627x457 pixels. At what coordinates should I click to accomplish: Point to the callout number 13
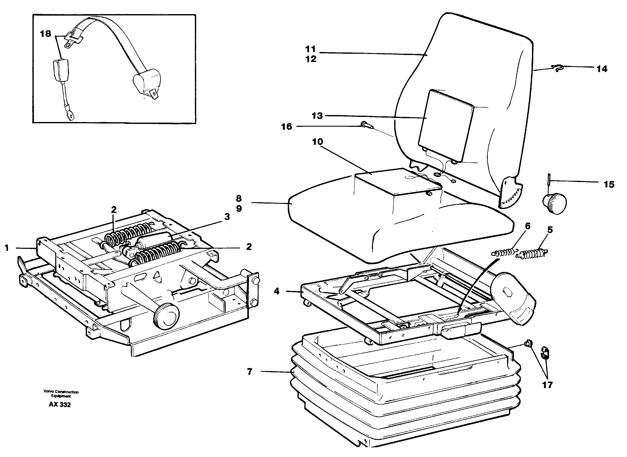click(x=317, y=116)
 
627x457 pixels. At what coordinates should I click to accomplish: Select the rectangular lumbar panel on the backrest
click(x=445, y=126)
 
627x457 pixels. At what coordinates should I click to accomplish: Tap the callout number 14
click(x=602, y=69)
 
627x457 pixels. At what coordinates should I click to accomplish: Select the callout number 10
click(x=318, y=142)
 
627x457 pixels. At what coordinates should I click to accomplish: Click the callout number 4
click(x=277, y=291)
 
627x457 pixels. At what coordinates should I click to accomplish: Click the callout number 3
click(x=227, y=217)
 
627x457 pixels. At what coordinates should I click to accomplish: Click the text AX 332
click(x=60, y=405)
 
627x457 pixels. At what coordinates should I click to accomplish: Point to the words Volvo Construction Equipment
click(x=61, y=394)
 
